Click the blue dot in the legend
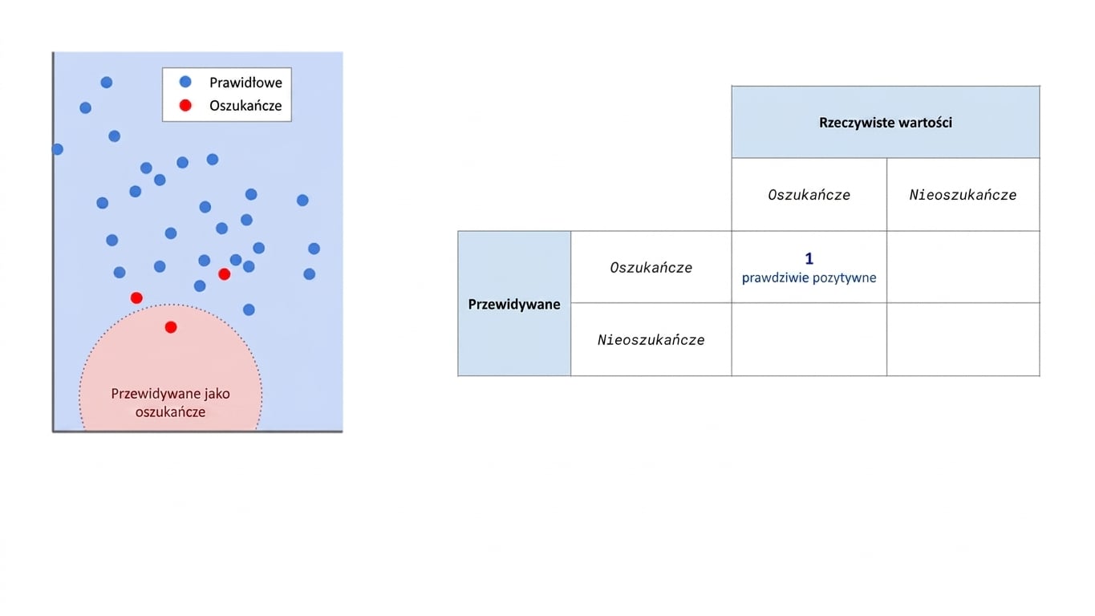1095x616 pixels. tap(185, 82)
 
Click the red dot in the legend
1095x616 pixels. tap(185, 105)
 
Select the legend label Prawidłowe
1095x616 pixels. tap(245, 83)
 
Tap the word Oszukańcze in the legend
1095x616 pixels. tap(245, 106)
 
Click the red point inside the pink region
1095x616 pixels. tap(171, 327)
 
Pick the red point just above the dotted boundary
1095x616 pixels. tap(136, 298)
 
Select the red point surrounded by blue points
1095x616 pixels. tap(225, 274)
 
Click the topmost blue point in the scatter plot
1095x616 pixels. tap(107, 82)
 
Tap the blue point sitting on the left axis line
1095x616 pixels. tap(57, 149)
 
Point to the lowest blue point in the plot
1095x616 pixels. tap(249, 310)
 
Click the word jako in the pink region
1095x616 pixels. tap(217, 394)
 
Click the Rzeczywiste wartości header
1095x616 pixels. tap(886, 122)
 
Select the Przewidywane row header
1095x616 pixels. tap(514, 304)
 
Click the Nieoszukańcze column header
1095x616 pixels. tap(963, 195)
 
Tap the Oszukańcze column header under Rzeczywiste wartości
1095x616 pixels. tap(809, 195)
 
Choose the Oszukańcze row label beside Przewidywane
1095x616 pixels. tap(651, 267)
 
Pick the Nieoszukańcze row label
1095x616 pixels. tap(651, 340)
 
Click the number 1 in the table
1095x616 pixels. tap(809, 258)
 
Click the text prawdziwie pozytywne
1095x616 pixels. tap(809, 278)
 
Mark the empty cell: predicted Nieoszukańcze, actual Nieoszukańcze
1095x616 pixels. tap(963, 339)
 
